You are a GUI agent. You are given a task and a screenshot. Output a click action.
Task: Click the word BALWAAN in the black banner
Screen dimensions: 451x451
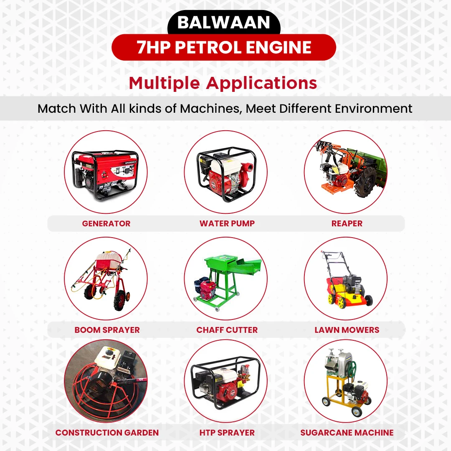tap(223, 23)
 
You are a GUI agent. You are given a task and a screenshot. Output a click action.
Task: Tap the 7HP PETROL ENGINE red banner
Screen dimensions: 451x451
tap(224, 47)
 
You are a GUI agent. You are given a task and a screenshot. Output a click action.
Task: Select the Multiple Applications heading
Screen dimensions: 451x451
tap(223, 83)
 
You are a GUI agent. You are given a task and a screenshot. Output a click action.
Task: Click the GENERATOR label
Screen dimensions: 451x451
tap(106, 223)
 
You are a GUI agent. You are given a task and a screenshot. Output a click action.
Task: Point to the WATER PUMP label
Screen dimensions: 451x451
tap(227, 223)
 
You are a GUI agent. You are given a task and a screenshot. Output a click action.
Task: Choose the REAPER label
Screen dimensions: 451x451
tap(347, 223)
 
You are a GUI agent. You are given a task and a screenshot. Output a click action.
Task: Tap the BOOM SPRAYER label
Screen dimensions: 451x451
tap(107, 330)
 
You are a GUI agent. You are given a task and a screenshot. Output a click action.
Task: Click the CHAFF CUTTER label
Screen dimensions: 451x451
tap(227, 330)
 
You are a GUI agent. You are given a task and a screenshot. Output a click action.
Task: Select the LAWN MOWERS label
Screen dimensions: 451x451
tap(347, 330)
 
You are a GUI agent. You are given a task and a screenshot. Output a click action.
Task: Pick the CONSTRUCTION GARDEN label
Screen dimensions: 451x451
tap(107, 433)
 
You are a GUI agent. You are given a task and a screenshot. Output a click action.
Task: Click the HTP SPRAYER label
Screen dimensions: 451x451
tap(227, 433)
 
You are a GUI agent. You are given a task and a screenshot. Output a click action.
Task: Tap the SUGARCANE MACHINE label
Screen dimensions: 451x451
tap(347, 433)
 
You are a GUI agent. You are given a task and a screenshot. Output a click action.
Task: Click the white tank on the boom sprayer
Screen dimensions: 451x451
tap(106, 259)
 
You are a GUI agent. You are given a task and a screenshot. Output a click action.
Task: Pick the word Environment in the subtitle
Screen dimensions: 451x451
tap(370, 109)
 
